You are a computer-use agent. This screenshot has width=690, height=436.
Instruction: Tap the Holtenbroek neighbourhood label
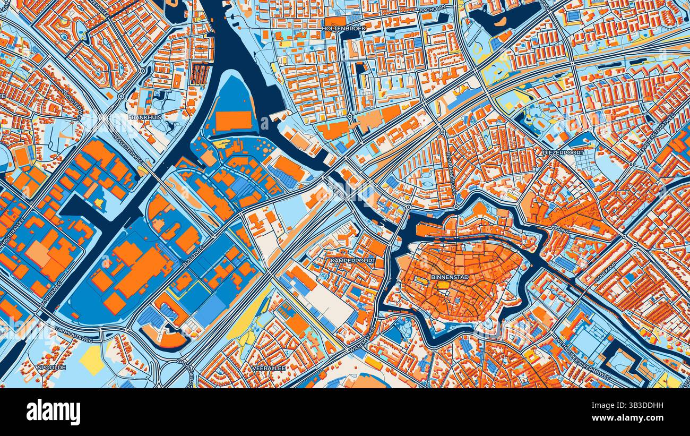pos(343,28)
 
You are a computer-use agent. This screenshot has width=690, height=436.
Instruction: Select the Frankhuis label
pos(144,117)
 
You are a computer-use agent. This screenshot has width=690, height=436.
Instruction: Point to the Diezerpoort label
pos(563,152)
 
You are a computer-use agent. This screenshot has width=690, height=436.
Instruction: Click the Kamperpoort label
pos(352,261)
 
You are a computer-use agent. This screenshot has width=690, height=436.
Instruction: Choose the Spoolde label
pos(51,367)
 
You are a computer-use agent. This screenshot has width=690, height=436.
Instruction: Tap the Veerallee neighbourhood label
pos(269,367)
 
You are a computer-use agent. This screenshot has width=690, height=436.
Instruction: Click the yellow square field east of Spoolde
pos(92,360)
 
